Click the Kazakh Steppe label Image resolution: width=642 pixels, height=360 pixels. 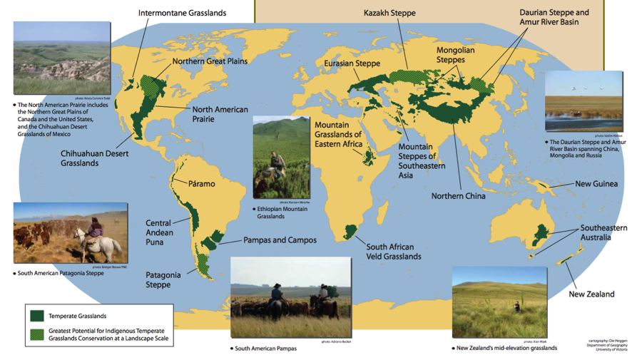tap(389, 13)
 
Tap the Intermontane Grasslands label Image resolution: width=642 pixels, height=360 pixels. tap(182, 13)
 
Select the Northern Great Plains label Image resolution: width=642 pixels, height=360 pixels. tap(210, 61)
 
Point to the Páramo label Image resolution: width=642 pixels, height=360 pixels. tap(201, 184)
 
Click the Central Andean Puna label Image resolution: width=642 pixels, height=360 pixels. tap(158, 232)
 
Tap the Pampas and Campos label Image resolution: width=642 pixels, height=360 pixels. tap(280, 240)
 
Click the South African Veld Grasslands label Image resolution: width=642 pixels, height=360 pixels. tap(394, 252)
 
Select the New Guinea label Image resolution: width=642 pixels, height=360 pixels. tap(596, 184)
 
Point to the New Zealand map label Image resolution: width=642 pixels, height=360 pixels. tap(591, 294)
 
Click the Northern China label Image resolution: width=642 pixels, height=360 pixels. tap(458, 196)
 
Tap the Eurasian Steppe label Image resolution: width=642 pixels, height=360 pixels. tap(352, 64)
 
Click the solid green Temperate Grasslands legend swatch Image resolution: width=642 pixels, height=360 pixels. tap(36, 316)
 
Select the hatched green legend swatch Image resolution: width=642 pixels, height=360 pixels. tap(36, 334)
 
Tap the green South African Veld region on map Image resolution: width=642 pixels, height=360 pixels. tap(350, 231)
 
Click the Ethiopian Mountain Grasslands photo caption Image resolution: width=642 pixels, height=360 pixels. tap(281, 212)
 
